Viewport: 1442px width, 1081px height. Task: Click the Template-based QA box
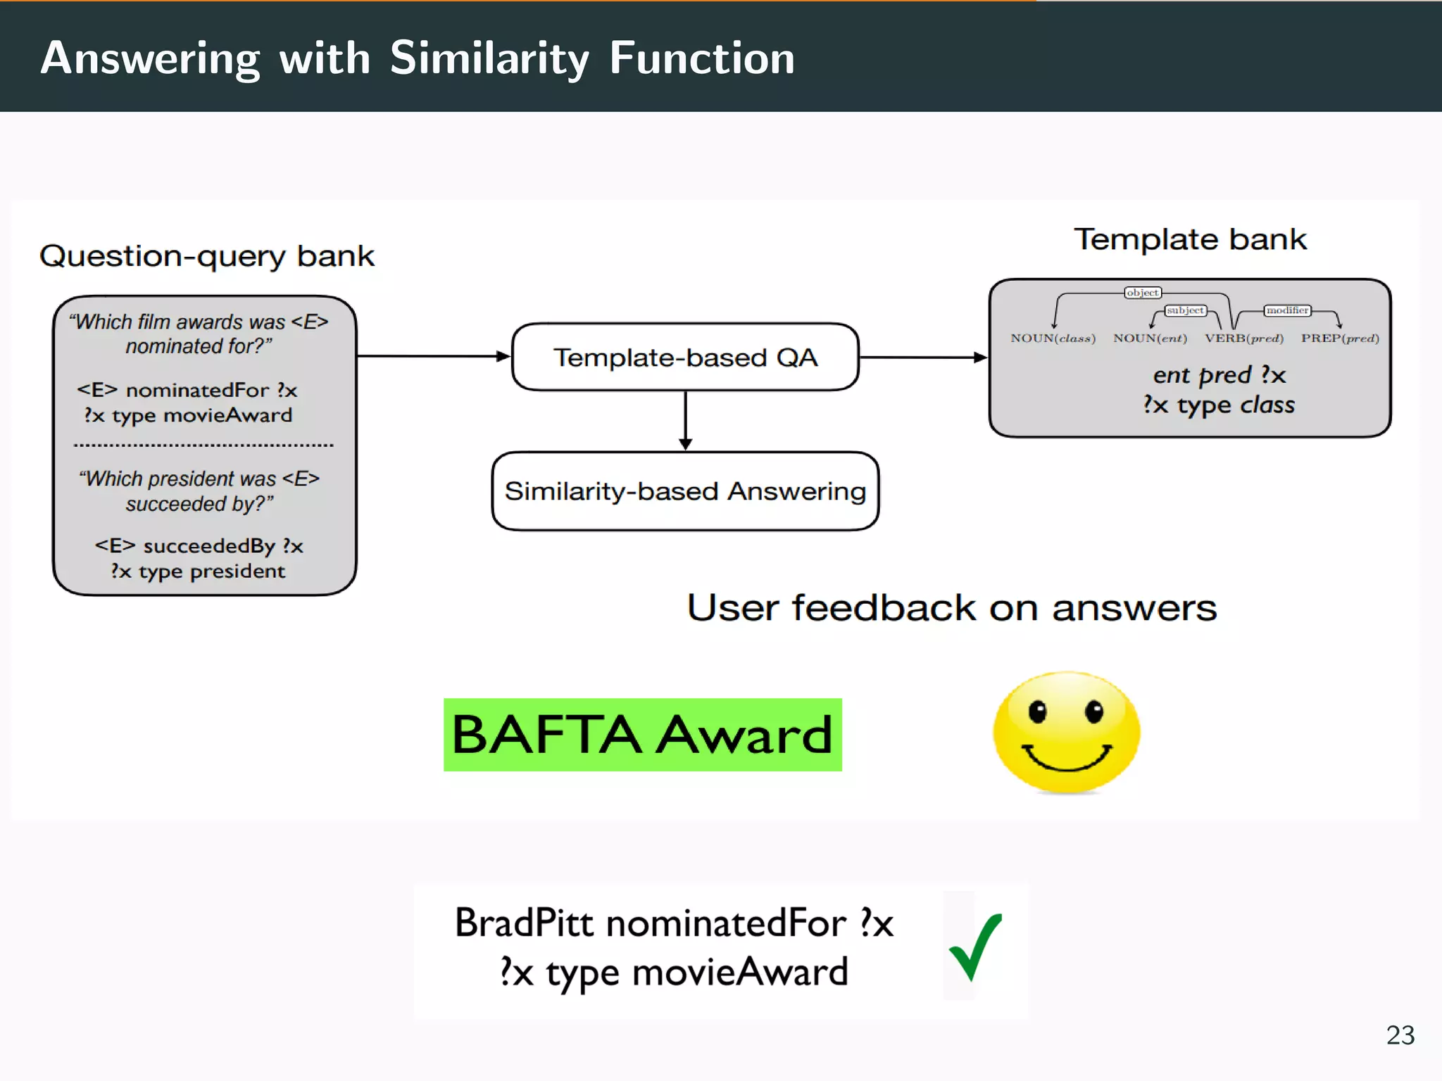pos(684,357)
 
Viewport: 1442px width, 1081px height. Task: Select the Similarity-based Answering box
pos(684,491)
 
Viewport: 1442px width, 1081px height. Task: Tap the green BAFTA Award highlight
pos(642,734)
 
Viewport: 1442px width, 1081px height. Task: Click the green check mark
pos(976,947)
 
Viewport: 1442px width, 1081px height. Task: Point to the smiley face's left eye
pos(1038,712)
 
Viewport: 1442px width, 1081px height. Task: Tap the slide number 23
pos(1400,1035)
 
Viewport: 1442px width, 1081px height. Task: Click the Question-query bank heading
pos(206,255)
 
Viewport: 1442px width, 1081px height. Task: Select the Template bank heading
pos(1190,239)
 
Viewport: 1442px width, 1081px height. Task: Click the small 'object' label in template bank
pos(1142,292)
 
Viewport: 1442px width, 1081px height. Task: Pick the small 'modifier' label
pos(1287,310)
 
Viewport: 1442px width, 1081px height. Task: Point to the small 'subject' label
pos(1185,310)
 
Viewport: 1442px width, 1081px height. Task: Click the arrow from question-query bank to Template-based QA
pos(433,356)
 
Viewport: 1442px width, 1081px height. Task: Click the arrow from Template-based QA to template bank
pos(923,357)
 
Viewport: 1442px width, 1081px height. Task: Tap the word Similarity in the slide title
pos(489,58)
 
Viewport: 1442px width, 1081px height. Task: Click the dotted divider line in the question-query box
pos(203,445)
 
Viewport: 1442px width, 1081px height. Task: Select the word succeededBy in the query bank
pos(209,545)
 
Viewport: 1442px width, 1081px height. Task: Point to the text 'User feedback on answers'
pos(951,607)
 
